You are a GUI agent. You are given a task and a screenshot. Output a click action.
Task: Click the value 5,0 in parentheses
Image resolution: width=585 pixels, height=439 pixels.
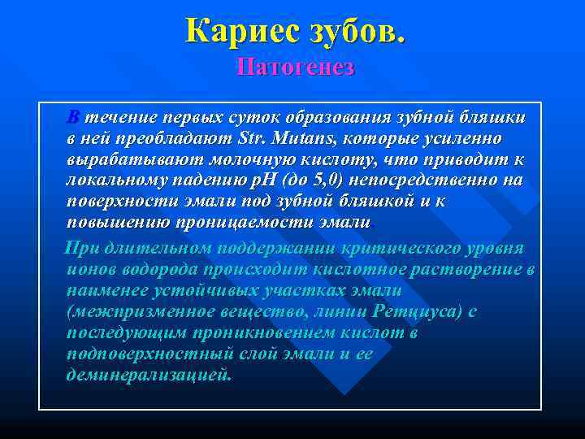click(x=336, y=180)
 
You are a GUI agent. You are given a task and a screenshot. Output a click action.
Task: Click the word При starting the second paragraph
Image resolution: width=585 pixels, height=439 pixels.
click(x=81, y=248)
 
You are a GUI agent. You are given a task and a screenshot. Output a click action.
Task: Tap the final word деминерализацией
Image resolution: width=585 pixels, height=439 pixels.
click(x=149, y=375)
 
